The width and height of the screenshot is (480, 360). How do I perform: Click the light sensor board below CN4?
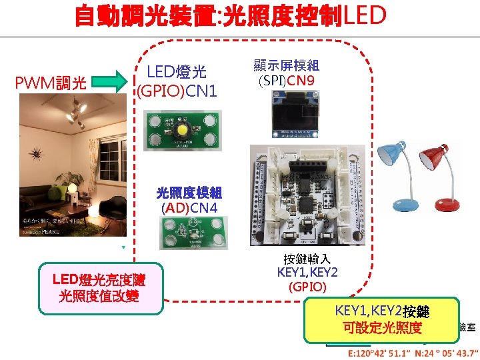[x=189, y=234]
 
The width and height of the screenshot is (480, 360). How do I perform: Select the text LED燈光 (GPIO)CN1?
[x=177, y=80]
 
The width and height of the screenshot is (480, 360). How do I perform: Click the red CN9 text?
[x=301, y=81]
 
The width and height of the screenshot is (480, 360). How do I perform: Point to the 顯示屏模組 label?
[x=286, y=65]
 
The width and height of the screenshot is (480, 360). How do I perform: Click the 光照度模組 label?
[x=189, y=193]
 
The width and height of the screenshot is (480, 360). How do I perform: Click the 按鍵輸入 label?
[x=307, y=258]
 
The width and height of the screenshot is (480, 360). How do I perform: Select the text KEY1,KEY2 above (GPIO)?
[x=307, y=273]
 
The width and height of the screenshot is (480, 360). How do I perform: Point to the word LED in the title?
[x=364, y=15]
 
